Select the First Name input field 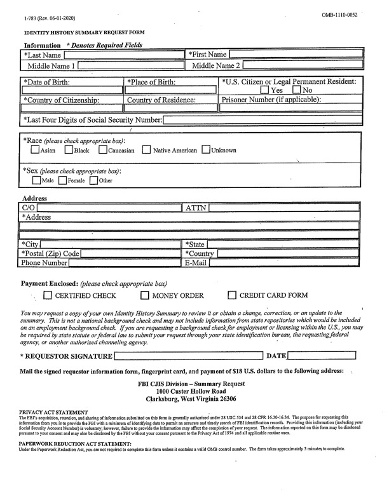295,55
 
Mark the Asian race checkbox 36,151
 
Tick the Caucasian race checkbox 103,151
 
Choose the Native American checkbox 147,151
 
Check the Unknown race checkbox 206,151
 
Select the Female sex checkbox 62,180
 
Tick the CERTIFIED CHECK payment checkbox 48,295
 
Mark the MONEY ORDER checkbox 145,295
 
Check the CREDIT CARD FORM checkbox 232,295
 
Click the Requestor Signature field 188,356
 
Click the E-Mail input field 285,262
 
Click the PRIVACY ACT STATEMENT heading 53,413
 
